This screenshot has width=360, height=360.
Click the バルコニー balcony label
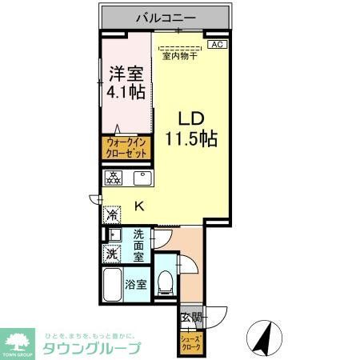point(167,15)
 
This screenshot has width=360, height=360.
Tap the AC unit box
point(216,45)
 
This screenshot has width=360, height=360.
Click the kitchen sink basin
point(142,178)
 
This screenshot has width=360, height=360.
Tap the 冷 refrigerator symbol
point(112,214)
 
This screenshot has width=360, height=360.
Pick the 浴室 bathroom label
point(135,285)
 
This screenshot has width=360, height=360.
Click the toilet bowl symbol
point(166,281)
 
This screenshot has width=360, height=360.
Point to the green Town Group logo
point(19,339)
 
